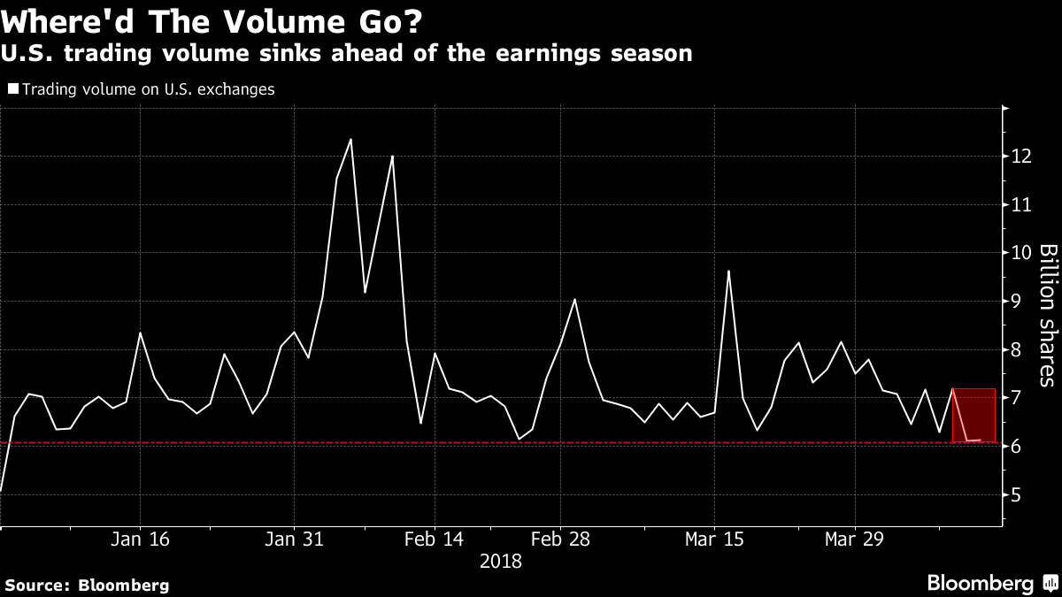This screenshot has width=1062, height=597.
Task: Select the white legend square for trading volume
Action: (12, 89)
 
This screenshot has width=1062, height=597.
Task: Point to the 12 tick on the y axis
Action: (1022, 157)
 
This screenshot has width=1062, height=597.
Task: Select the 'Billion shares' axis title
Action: (1047, 315)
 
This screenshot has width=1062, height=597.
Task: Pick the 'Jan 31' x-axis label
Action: (294, 540)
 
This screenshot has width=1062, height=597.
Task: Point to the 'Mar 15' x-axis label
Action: (713, 540)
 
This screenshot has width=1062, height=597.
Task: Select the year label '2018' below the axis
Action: (500, 562)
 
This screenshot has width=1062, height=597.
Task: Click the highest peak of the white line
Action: (350, 139)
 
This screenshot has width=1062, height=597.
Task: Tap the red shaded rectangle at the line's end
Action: (974, 415)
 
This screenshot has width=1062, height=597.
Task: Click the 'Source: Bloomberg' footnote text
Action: (87, 585)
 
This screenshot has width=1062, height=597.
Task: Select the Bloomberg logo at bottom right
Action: (991, 584)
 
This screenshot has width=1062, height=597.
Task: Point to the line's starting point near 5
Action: (2, 490)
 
